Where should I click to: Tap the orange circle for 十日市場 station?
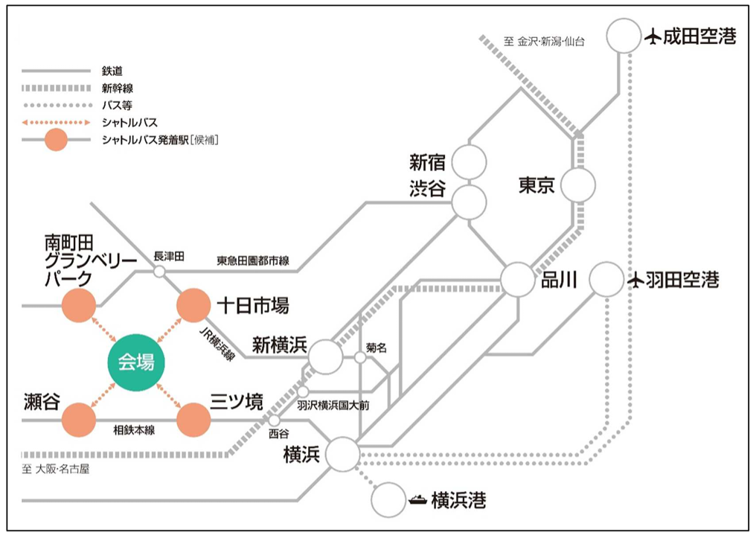point(193,306)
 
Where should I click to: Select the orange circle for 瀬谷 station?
point(79,420)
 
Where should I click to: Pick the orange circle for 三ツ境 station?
point(193,420)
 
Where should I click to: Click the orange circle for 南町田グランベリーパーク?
point(79,306)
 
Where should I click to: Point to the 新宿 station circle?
point(470,161)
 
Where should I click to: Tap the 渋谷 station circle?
point(470,201)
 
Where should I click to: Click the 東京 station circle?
point(578,185)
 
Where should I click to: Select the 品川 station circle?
point(518,280)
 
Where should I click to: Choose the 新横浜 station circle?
point(325,357)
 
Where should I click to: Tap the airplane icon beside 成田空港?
point(653,36)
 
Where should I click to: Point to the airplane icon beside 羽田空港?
point(635,281)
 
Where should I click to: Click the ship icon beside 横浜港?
point(418,500)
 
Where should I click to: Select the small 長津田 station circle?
point(159,272)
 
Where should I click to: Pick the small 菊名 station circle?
point(360,358)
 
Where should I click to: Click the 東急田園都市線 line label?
point(253,261)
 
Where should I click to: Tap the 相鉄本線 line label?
point(134,430)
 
